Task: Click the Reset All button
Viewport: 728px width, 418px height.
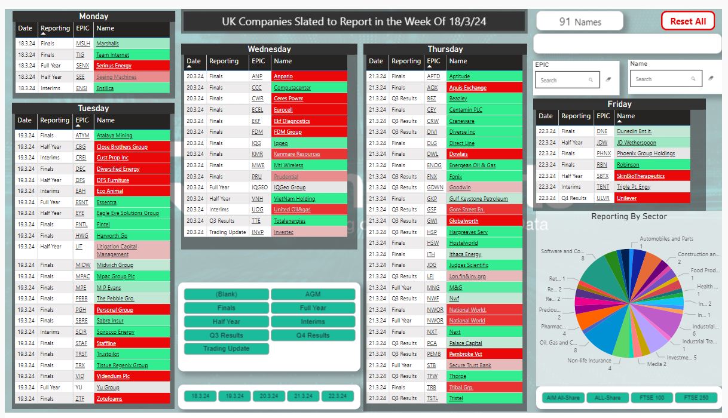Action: click(x=687, y=21)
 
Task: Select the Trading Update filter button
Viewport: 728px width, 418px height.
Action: click(x=227, y=349)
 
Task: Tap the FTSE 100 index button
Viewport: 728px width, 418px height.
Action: click(x=651, y=397)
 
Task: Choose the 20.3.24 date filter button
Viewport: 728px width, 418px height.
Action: click(x=269, y=396)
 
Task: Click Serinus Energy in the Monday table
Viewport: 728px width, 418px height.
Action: click(x=114, y=66)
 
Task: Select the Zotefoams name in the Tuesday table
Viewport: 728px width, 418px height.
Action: click(x=109, y=398)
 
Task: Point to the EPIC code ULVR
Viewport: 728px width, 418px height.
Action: click(x=602, y=198)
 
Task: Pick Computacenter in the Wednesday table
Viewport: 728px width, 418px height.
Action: click(x=292, y=88)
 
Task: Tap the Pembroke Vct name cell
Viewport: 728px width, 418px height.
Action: click(x=466, y=354)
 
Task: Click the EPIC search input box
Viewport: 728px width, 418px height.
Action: click(x=561, y=79)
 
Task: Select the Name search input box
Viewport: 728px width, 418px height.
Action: click(x=663, y=79)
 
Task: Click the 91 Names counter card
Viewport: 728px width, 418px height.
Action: click(x=580, y=21)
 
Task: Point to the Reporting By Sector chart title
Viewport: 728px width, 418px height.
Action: click(x=629, y=216)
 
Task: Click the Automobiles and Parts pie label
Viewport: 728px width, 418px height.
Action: click(x=666, y=239)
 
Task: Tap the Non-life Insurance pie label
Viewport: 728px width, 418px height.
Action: click(x=589, y=361)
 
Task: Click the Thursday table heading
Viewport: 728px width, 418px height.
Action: click(x=445, y=49)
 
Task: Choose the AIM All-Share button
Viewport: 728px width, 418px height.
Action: click(x=563, y=397)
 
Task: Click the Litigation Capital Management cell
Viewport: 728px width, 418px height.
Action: click(x=117, y=250)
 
